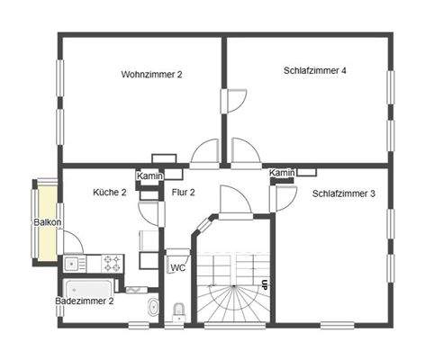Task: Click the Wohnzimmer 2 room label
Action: coord(151,74)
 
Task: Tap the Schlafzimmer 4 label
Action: coord(314,70)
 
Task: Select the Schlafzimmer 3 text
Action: coord(343,193)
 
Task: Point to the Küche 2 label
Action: coord(110,193)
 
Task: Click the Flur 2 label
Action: coord(183,193)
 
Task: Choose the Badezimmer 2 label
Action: coord(84,301)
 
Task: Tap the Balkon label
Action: coord(47,222)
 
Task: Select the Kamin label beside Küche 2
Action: coord(149,176)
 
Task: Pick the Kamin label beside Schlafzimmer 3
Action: coord(282,173)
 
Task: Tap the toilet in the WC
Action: coord(178,312)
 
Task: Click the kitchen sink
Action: coord(72,264)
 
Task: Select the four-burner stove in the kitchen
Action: coord(113,264)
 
